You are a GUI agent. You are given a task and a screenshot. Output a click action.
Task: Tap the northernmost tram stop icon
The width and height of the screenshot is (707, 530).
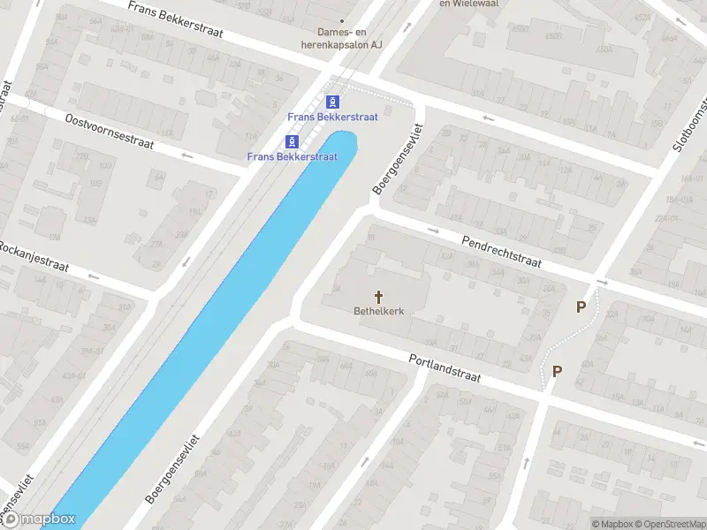(x=333, y=102)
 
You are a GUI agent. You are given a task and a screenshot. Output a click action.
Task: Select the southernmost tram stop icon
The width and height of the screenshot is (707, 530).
(x=292, y=141)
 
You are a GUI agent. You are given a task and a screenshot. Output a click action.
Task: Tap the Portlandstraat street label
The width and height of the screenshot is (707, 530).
(x=445, y=367)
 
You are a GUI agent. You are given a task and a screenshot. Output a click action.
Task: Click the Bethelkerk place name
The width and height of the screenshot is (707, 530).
(x=380, y=310)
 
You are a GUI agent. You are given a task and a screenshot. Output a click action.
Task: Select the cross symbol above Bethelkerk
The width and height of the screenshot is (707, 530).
(x=380, y=297)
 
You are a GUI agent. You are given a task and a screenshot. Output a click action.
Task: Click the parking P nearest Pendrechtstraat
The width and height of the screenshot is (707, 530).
(x=581, y=307)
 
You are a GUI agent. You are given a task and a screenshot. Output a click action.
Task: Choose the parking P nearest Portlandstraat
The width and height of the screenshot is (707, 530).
(x=557, y=372)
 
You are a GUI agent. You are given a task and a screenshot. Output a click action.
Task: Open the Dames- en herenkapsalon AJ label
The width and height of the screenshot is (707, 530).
(x=343, y=37)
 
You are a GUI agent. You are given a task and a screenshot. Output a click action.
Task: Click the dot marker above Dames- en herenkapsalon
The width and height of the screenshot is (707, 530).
(x=343, y=20)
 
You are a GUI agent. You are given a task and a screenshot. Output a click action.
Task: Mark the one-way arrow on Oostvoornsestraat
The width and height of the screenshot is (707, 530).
(x=186, y=155)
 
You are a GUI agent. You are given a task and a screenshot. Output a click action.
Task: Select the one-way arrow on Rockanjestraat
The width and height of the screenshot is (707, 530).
(x=94, y=276)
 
